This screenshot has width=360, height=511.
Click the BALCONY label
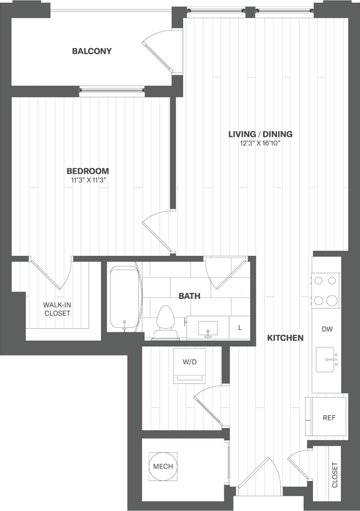(92, 51)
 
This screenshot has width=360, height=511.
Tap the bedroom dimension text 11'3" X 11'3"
(89, 181)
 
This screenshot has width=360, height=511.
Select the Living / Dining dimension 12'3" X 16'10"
(260, 144)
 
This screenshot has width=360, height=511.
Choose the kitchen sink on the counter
(325, 359)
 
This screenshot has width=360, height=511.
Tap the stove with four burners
(325, 291)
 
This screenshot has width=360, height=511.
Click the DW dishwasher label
(327, 329)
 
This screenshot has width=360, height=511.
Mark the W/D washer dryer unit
(190, 365)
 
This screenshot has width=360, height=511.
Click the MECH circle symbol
(163, 466)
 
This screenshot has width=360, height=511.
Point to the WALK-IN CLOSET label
(58, 309)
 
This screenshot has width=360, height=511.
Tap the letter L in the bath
(240, 328)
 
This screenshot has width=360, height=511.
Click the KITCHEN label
(285, 338)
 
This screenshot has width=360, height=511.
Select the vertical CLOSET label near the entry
(334, 475)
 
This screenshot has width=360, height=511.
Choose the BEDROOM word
(88, 171)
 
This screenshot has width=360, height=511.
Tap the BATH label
(190, 296)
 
